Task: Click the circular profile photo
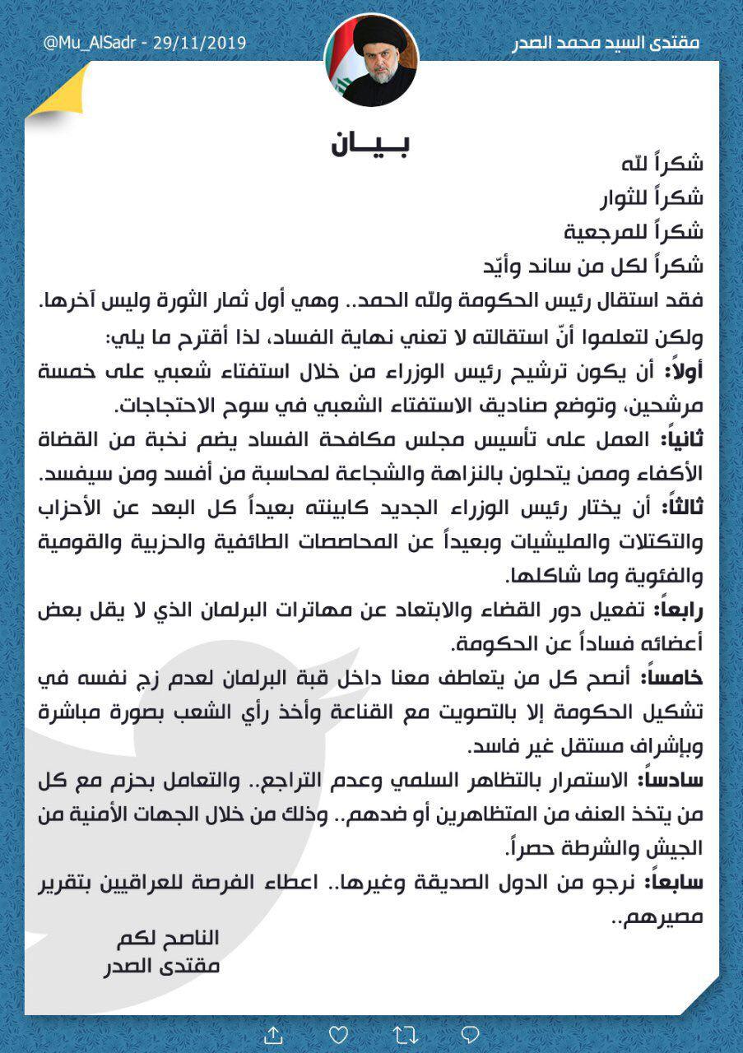371,60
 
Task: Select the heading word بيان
371,144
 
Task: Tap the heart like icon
338,1033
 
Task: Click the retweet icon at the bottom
404,1033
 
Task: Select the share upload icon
273,1033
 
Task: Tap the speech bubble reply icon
470,1033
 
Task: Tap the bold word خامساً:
675,677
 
